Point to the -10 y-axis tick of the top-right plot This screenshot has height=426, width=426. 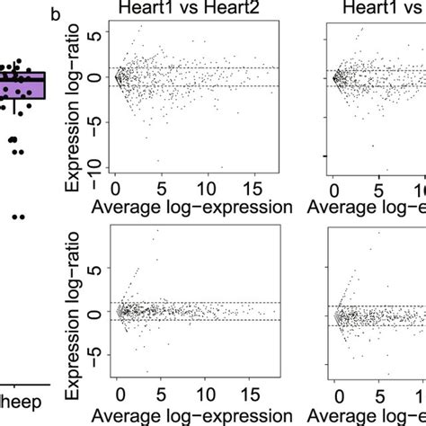[311, 162]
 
